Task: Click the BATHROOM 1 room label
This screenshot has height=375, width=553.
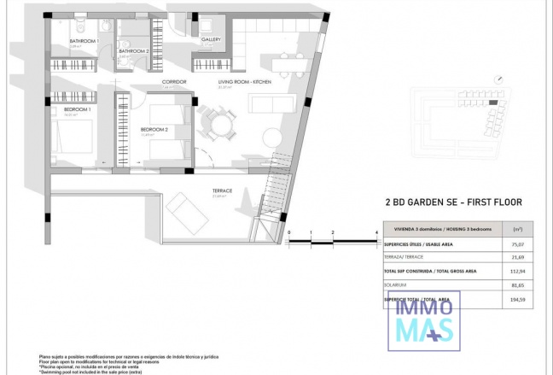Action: coord(84,41)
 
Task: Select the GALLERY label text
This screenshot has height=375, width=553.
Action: coord(211,39)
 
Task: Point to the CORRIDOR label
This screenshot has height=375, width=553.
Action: coord(173,82)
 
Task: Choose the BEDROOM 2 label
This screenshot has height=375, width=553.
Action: coord(154,129)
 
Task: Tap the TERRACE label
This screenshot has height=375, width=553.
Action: coord(223,190)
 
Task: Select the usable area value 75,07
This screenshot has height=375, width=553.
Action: coord(515,243)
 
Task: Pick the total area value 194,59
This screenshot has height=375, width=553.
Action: coord(515,300)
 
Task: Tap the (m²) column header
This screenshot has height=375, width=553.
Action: coord(515,230)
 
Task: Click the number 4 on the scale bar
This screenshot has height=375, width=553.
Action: coord(376,232)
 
